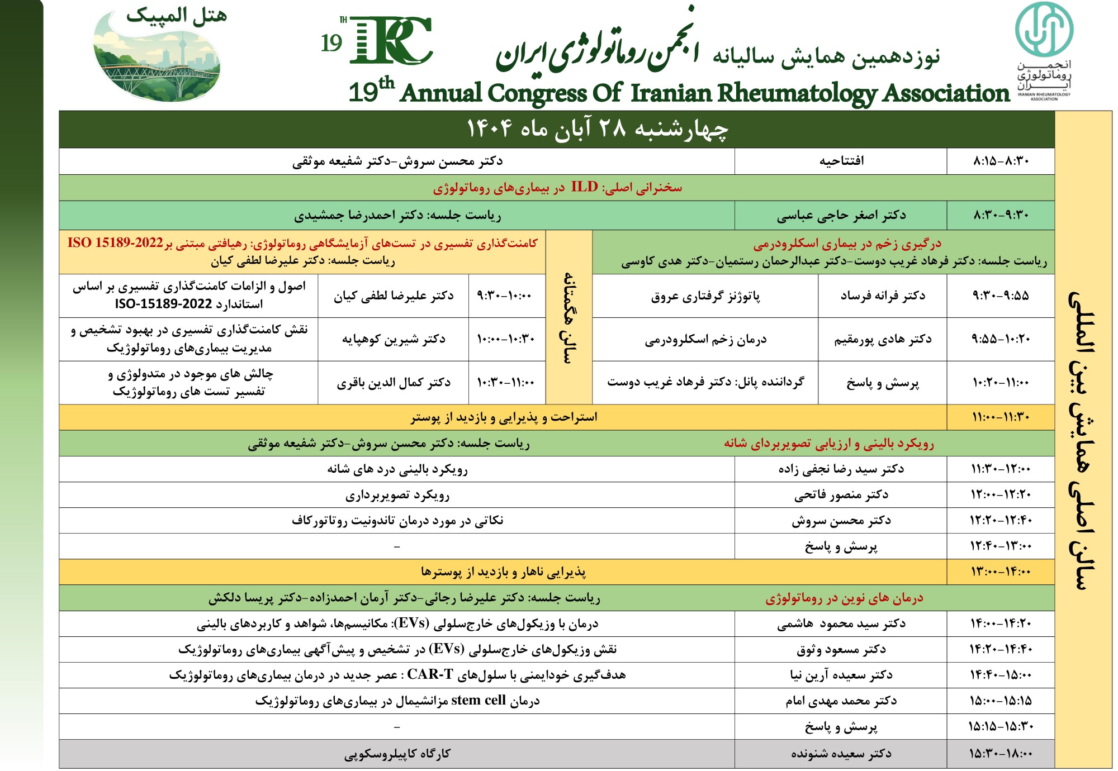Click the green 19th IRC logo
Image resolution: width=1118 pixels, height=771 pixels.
coord(386,40)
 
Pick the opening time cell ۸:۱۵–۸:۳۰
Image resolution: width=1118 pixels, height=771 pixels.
coord(1001,161)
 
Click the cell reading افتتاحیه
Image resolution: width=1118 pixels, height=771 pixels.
coord(841,161)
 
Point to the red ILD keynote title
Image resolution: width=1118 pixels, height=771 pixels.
coord(557,187)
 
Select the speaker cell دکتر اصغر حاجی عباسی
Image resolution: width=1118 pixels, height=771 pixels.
coord(841,215)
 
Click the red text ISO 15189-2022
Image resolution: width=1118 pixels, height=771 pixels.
coord(115,243)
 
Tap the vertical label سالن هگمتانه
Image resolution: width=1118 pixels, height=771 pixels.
coord(569,317)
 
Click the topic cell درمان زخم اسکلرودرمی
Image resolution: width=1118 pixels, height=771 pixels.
coord(705,339)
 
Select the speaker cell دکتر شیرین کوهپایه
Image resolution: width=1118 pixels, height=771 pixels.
coord(394,339)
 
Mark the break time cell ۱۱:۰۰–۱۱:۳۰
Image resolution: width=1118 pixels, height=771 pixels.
coord(1001,417)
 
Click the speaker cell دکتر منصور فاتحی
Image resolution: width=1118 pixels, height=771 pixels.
coord(841,494)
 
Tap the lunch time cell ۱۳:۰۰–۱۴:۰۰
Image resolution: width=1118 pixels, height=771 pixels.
coord(1001,572)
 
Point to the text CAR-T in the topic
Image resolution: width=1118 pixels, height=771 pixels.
coord(430,674)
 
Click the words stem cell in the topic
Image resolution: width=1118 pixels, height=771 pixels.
coord(478,700)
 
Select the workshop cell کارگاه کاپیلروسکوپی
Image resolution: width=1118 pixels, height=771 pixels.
coord(397,754)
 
